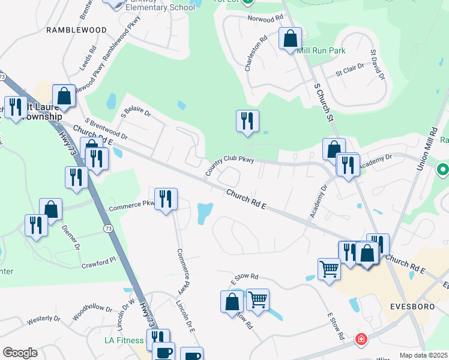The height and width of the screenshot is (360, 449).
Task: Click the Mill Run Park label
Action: tap(321, 51)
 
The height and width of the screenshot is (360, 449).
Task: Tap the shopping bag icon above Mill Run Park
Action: tap(290, 39)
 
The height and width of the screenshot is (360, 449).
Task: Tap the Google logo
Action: tap(20, 353)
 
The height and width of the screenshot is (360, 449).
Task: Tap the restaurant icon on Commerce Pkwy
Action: tap(166, 199)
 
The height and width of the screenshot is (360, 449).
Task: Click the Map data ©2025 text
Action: tap(423, 355)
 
